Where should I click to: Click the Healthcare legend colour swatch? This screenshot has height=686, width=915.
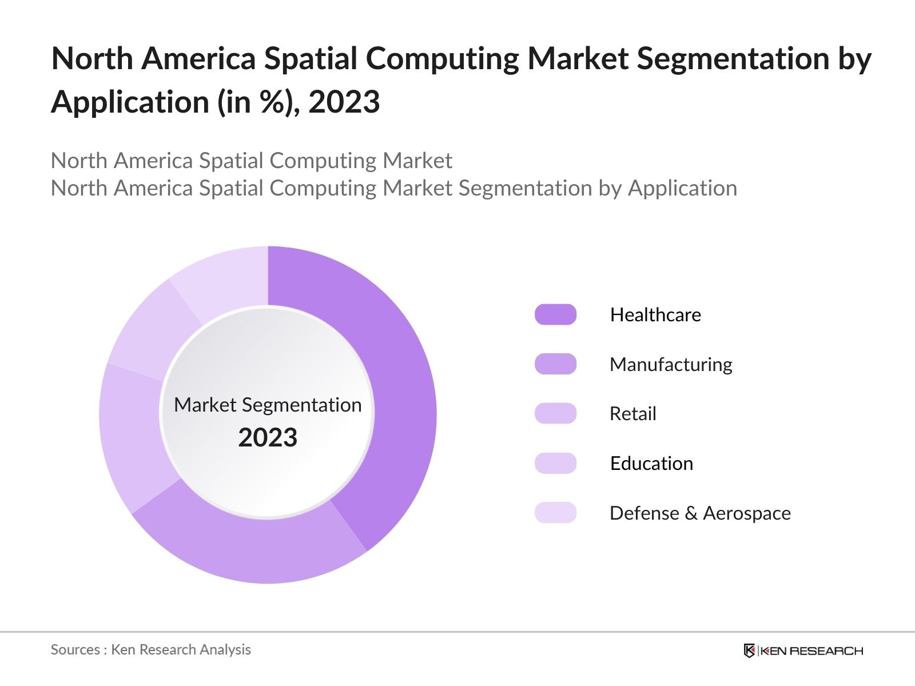pos(555,314)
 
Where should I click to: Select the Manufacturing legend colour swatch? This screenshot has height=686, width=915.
pos(555,364)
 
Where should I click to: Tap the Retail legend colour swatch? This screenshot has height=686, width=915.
pos(555,413)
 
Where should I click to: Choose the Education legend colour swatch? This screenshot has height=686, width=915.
pos(555,463)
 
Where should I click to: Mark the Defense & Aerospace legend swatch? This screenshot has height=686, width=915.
pos(555,513)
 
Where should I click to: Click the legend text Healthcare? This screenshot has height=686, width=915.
pos(655,314)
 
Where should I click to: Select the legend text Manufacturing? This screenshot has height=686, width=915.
pos(671,364)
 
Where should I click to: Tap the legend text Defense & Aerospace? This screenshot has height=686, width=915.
pos(700,513)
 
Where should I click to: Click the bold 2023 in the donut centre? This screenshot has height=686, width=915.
pos(268,438)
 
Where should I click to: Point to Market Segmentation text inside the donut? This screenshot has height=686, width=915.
pos(268,405)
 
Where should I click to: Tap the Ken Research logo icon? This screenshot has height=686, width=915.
pos(749,651)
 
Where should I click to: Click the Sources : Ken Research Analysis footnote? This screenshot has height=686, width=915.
pos(150,649)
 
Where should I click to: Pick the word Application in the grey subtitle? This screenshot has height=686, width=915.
pos(682,188)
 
